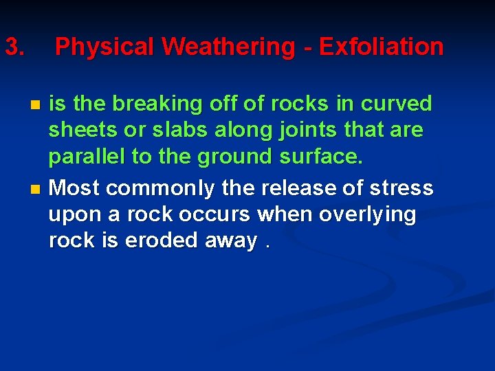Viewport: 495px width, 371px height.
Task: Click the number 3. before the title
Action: tap(15, 47)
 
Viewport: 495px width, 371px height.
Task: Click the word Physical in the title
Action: tap(105, 47)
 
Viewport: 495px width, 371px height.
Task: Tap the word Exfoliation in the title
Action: tap(382, 47)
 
